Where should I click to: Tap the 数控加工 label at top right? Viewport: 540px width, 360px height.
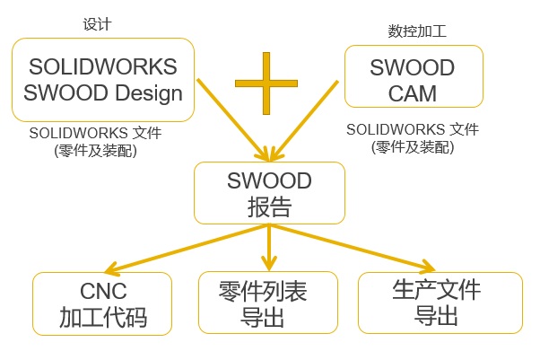[x=417, y=31]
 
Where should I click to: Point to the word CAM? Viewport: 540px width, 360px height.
[x=413, y=93]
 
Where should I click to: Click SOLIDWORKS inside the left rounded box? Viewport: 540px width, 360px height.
[x=103, y=67]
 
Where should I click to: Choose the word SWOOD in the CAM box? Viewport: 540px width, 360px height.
[x=413, y=68]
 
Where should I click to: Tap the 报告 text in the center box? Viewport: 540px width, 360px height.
[x=269, y=206]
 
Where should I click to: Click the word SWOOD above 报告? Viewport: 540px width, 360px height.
[x=269, y=181]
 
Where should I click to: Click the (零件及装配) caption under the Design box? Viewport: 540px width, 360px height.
[x=96, y=150]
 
